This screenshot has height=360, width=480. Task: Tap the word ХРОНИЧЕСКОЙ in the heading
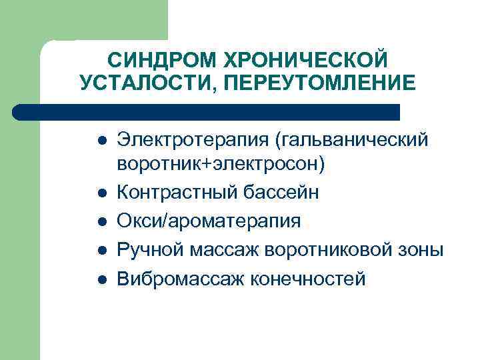(x=309, y=61)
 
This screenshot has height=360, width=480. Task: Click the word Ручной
(x=151, y=249)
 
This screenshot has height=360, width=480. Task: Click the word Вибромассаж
(x=178, y=278)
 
